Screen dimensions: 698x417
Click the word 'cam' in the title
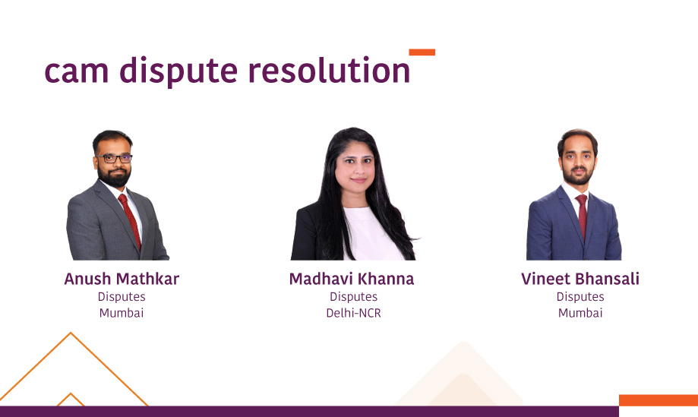[x=77, y=71]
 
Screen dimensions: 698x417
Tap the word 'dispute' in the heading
[x=178, y=71]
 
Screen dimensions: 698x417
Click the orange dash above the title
[x=422, y=52]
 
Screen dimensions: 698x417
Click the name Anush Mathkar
[x=122, y=279]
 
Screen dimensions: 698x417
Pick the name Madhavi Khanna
[x=352, y=279]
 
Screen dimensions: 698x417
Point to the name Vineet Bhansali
[x=580, y=279]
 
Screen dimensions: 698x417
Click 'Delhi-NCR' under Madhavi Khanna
[x=353, y=313]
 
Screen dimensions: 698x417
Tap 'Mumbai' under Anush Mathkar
[x=122, y=313]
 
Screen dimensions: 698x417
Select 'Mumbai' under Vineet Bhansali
[x=580, y=313]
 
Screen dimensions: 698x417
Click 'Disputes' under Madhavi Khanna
[x=353, y=296]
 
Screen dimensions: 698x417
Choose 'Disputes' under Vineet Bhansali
[x=580, y=296]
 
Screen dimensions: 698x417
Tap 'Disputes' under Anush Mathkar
[x=122, y=296]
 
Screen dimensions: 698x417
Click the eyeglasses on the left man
[x=115, y=159]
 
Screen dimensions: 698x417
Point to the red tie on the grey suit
[x=130, y=221]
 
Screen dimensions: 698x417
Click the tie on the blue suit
[x=582, y=216]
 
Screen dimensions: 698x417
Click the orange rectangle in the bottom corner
[x=659, y=400]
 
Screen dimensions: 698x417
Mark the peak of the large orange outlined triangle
[x=71, y=333]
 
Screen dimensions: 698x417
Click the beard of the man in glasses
[x=115, y=178]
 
